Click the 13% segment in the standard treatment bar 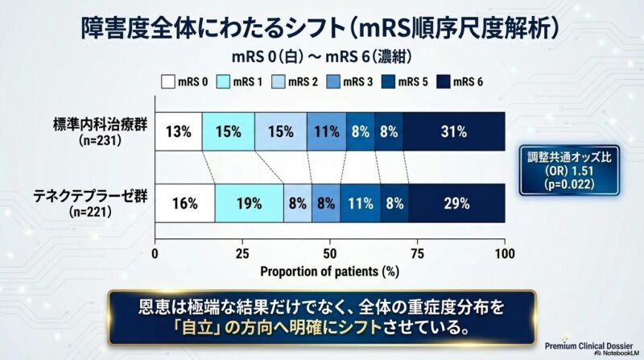pos(178,132)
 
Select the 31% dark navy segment pos(454,132)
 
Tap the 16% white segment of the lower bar pos(184,204)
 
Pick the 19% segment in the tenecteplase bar pos(249,204)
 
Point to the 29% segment pos(456,204)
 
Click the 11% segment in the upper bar pos(326,132)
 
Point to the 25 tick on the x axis pos(242,253)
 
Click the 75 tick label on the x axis pos(417,253)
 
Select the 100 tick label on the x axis pos(505,253)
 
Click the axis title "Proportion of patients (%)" pos(329,271)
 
